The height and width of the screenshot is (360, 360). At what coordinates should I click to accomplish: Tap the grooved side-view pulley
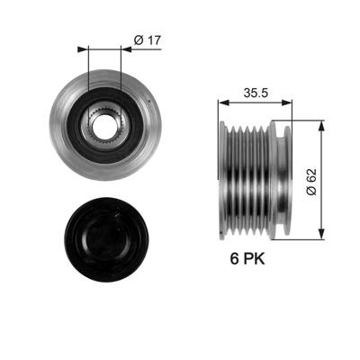coord(256,179)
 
